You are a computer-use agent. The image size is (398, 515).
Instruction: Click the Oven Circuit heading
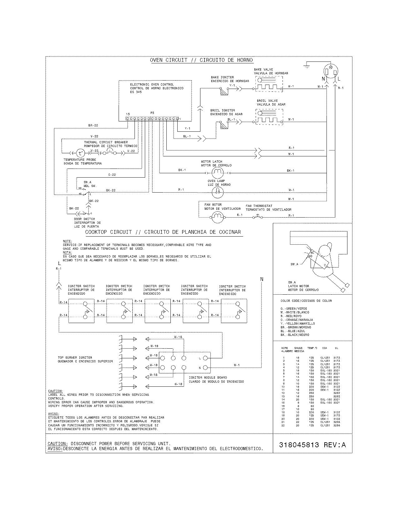click(201, 60)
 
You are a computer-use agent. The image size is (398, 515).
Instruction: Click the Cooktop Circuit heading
click(163, 232)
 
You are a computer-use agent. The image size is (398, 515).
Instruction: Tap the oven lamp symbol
click(218, 192)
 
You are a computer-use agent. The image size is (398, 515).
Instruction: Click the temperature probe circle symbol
click(81, 153)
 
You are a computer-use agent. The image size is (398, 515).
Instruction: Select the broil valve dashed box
click(269, 116)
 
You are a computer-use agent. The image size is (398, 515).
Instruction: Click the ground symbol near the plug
click(307, 65)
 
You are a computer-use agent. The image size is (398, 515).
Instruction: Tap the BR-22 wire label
click(93, 125)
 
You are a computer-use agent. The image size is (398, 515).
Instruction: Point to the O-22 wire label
click(112, 175)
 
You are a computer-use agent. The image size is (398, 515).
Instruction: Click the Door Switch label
click(84, 219)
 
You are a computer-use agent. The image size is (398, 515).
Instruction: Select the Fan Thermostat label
click(259, 206)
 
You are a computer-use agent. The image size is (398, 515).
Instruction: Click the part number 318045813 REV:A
click(312, 445)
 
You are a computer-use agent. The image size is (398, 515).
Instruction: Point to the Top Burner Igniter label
click(75, 357)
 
